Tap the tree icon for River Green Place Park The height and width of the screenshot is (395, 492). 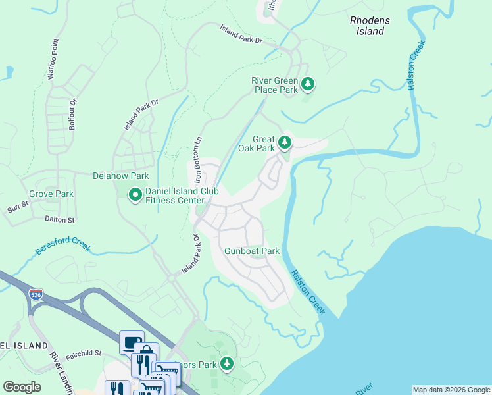307,84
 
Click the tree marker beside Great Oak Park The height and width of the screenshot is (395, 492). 284,142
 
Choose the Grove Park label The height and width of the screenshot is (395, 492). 51,194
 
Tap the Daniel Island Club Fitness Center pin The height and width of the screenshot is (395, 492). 135,195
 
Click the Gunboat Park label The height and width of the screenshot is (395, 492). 252,251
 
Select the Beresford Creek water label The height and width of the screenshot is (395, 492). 63,244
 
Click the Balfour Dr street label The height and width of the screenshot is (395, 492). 73,114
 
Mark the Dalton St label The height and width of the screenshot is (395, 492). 60,219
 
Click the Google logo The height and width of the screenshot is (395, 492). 22,387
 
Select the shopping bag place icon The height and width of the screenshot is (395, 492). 146,353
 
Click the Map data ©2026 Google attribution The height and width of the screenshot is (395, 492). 451,390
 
